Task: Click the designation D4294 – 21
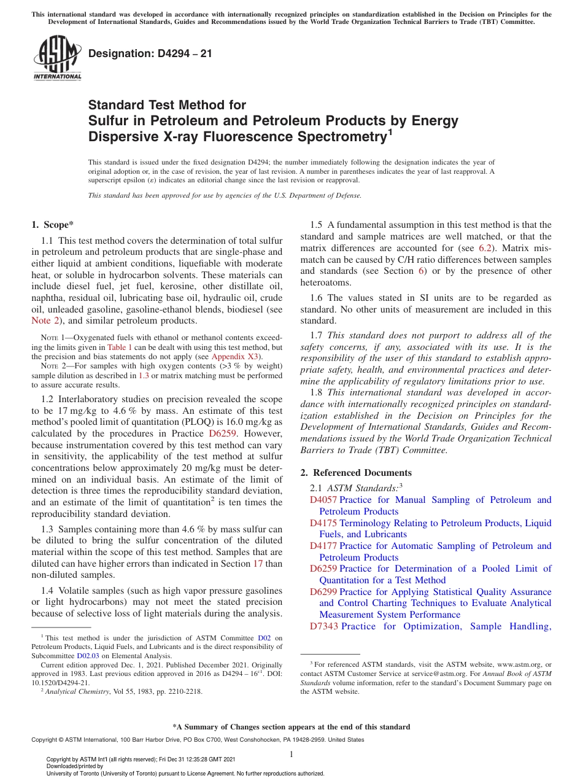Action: click(150, 53)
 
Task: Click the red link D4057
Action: click(323, 500)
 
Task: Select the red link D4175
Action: click(323, 523)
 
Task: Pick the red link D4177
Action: click(323, 546)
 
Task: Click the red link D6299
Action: click(323, 592)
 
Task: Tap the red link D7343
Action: click(324, 626)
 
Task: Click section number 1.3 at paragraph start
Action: click(47, 529)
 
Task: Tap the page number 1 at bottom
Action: click(291, 755)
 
